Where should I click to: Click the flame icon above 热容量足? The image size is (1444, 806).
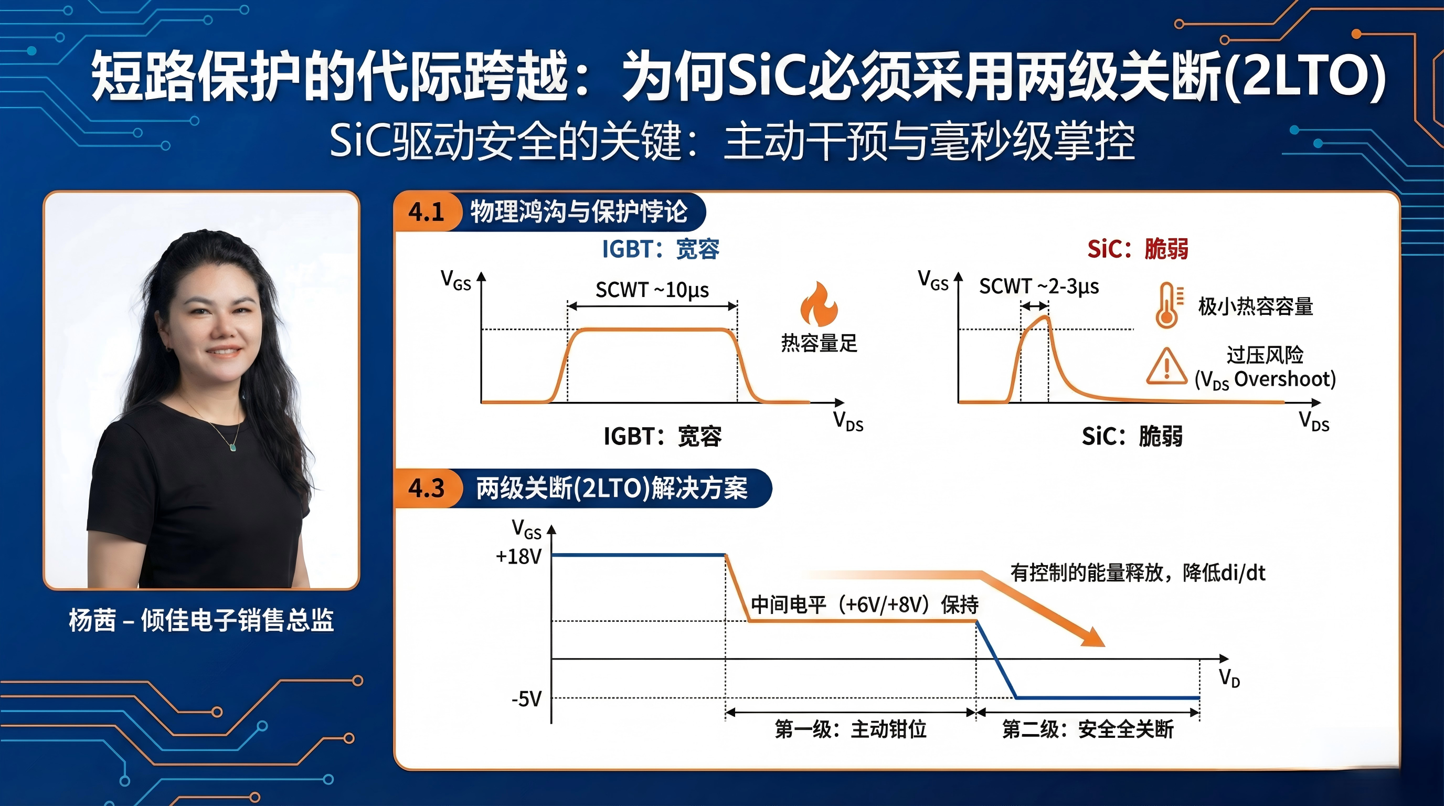819,304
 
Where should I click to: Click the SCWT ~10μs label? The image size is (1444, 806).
652,290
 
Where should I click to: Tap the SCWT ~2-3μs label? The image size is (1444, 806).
1039,287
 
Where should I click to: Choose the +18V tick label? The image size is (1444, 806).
518,557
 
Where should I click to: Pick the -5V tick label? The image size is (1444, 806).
526,699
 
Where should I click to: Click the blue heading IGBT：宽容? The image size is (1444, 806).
660,249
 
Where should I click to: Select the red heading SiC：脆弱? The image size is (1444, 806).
1138,248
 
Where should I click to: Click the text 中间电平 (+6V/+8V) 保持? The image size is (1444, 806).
864,604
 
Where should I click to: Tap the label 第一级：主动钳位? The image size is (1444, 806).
851,729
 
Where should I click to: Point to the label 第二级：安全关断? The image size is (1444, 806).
1088,729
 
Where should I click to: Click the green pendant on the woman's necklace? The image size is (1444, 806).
232,447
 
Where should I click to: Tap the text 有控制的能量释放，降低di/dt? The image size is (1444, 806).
1138,573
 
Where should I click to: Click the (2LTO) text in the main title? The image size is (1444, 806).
1304,77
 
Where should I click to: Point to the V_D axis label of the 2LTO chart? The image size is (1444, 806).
1229,677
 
